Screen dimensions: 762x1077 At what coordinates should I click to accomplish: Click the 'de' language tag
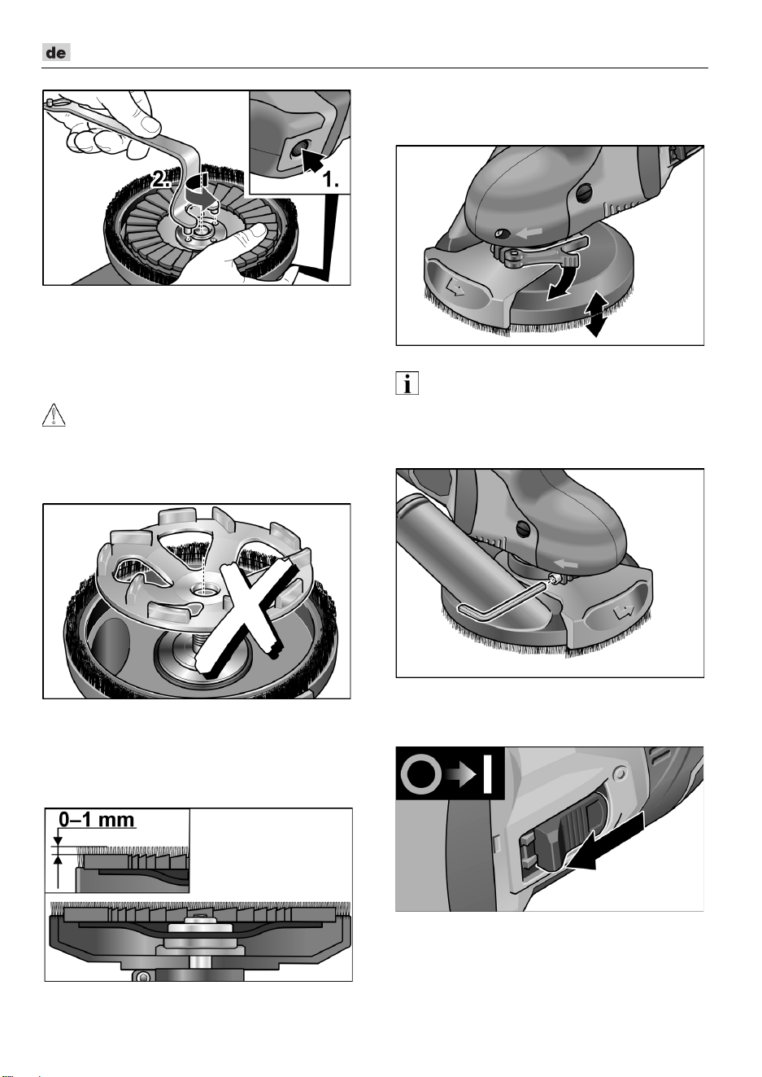56,52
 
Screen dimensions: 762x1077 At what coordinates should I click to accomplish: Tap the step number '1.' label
330,180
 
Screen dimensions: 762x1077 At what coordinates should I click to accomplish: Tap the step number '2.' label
160,180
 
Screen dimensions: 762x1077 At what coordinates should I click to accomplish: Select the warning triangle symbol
54,414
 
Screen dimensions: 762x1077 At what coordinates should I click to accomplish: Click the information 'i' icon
407,383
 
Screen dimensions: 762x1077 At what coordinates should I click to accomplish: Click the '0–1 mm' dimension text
97,819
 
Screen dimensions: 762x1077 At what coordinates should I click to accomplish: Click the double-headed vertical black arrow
596,314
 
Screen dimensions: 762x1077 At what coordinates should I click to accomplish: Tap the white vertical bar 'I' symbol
487,774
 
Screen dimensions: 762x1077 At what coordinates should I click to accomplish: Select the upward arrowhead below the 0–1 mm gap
58,860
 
